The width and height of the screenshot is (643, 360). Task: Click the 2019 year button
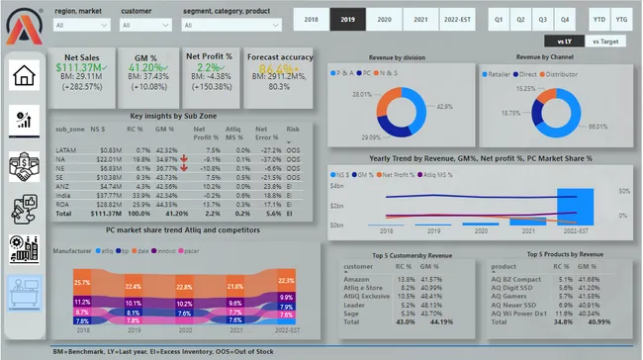tap(347, 19)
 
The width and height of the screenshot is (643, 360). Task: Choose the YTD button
tap(597, 19)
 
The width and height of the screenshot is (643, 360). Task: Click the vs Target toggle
tap(602, 42)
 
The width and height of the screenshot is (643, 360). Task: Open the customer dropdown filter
tap(144, 25)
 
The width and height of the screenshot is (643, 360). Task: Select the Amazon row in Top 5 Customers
tap(356, 280)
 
